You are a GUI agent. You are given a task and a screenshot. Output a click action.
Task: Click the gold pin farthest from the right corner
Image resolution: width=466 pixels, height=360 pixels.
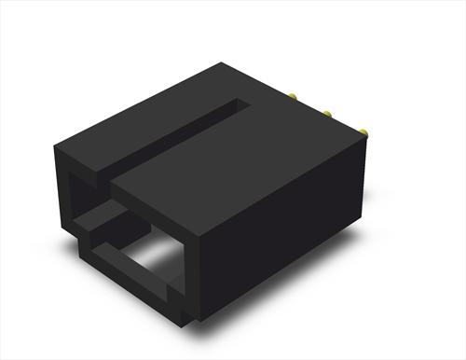(293, 96)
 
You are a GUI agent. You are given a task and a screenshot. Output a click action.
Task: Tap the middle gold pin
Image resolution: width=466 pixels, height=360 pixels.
(328, 115)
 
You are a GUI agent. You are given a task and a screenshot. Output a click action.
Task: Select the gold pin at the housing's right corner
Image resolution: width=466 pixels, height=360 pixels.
(363, 133)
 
